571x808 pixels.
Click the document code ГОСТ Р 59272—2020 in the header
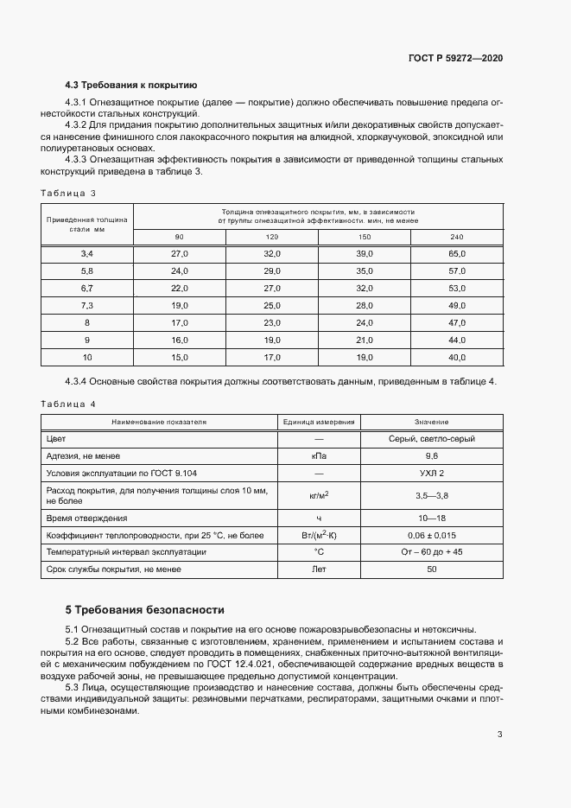point(455,58)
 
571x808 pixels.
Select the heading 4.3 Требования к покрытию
point(131,85)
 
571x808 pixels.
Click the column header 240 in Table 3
point(457,237)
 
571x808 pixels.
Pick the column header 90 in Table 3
point(179,237)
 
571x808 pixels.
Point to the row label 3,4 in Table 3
point(86,254)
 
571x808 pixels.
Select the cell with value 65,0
point(457,254)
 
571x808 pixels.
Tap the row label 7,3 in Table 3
point(86,305)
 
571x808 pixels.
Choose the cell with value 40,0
point(457,357)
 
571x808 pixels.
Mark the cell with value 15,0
point(179,357)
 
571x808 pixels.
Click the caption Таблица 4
point(68,404)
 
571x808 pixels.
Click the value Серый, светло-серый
point(432,439)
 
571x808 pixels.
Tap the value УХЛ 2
point(432,474)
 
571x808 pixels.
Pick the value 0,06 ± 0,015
point(432,535)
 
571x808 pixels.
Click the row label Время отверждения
point(86,518)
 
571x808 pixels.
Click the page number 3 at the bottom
point(500,735)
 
